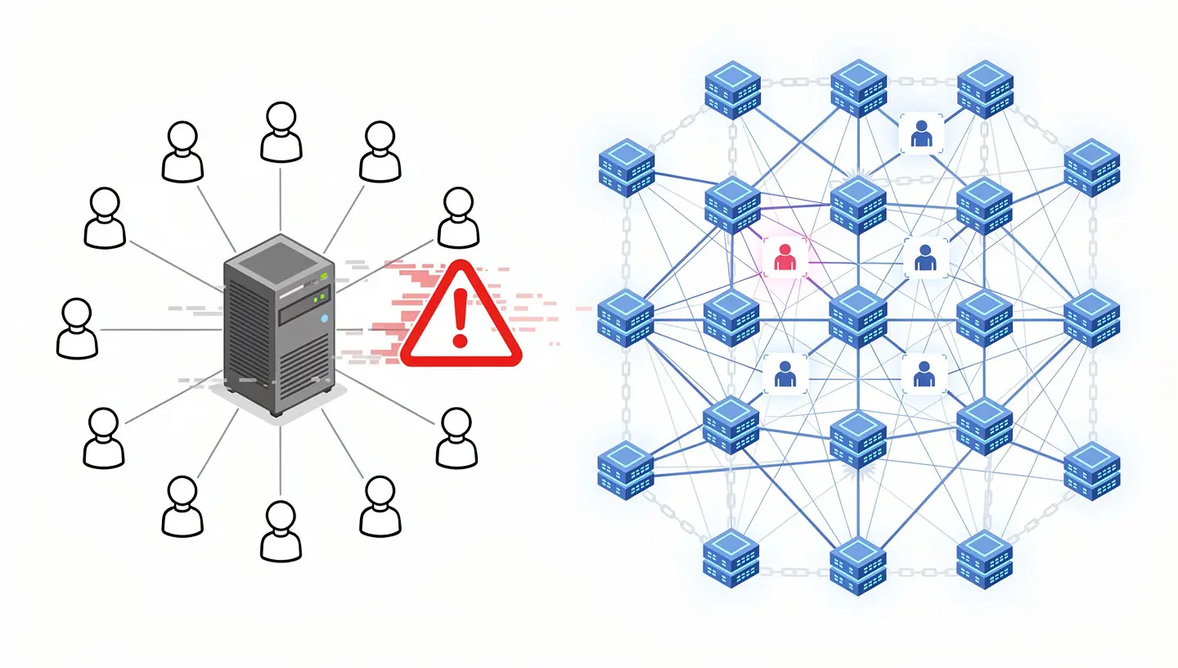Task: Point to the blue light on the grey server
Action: click(x=325, y=318)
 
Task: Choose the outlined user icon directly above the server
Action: click(x=281, y=131)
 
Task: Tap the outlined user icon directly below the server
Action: click(x=281, y=531)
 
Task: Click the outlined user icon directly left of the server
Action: click(x=77, y=327)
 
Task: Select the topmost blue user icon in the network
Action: click(x=921, y=134)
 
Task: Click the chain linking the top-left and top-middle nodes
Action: click(x=795, y=83)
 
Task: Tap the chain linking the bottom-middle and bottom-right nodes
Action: click(x=922, y=571)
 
